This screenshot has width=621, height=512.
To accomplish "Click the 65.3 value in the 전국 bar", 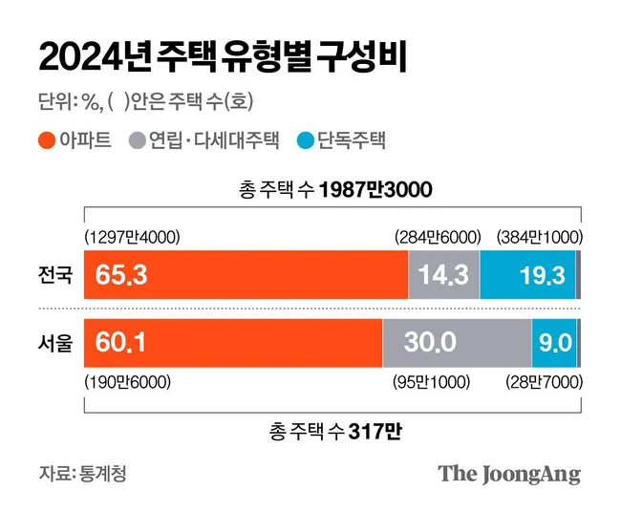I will pyautogui.click(x=120, y=276).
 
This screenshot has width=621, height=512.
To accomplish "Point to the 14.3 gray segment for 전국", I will pyautogui.click(x=443, y=276).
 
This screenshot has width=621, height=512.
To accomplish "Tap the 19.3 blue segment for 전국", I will pyautogui.click(x=527, y=276).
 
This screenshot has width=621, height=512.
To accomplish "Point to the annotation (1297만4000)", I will pyautogui.click(x=133, y=237).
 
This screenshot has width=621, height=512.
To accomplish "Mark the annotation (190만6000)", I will pyautogui.click(x=128, y=382).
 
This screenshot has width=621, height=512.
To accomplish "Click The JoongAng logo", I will pyautogui.click(x=509, y=474).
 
